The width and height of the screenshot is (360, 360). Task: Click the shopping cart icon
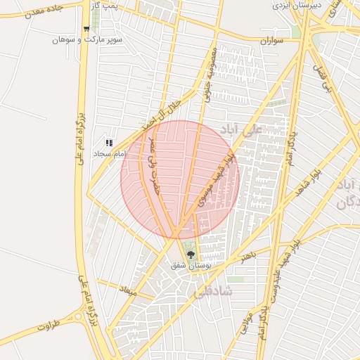pyautogui.click(x=86, y=30)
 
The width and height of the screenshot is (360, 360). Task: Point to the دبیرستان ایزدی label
pyautogui.click(x=297, y=5)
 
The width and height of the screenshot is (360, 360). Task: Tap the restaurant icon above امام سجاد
pyautogui.click(x=109, y=143)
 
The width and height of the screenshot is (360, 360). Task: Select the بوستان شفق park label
pyautogui.click(x=191, y=266)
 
